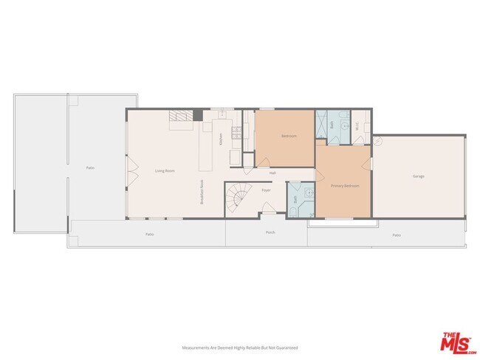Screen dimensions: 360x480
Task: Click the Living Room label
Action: (x=164, y=171)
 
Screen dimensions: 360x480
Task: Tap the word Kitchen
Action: (x=219, y=138)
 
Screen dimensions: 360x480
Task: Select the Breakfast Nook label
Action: (x=202, y=193)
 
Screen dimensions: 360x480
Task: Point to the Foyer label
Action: (x=266, y=190)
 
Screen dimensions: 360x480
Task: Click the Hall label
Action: (x=272, y=173)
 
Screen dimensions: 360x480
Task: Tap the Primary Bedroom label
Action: (x=345, y=186)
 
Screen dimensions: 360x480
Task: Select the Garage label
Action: (x=419, y=176)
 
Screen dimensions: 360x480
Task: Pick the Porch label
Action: (x=270, y=232)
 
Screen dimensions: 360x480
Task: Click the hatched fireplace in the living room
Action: (x=179, y=116)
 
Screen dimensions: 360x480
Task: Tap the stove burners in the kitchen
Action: (x=236, y=133)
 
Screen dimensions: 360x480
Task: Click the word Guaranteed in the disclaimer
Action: (x=287, y=347)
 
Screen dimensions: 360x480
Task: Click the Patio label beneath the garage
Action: (x=397, y=235)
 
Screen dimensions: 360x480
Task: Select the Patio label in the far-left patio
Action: (x=90, y=168)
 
